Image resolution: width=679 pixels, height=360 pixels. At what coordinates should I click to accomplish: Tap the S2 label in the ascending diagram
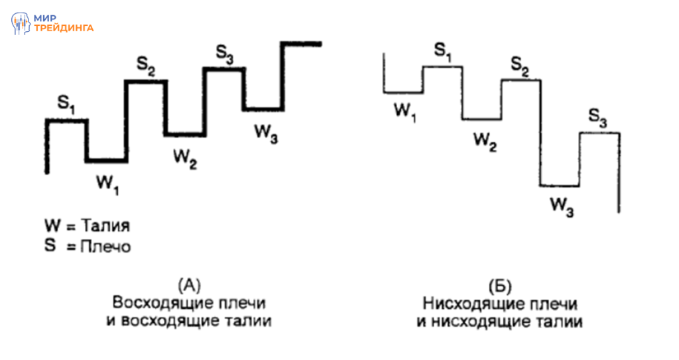146,66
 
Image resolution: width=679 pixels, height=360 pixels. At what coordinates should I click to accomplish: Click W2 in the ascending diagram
185,158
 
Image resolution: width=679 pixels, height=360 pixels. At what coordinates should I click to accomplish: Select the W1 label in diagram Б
405,111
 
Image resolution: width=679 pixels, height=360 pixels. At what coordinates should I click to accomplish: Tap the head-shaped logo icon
21,24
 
